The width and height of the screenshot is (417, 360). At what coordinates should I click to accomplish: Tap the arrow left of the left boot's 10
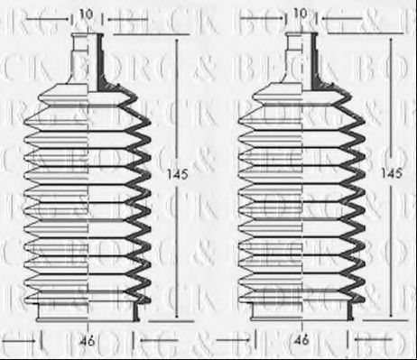[x=63, y=15]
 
